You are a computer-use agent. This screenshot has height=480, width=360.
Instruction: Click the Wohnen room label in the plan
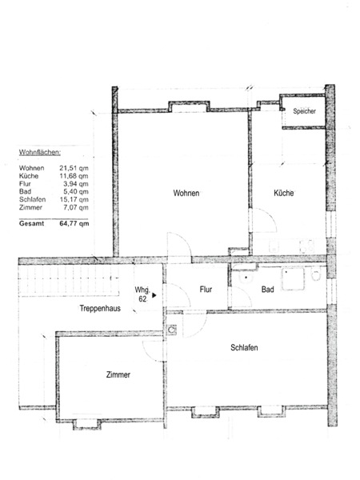pos(186,193)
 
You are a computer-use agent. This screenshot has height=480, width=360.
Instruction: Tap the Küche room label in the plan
pos(283,193)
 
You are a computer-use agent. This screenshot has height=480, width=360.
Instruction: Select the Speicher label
pos(304,111)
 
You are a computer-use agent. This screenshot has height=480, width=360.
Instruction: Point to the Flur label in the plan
pos(206,290)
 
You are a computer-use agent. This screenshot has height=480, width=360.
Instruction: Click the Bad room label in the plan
pos(267,290)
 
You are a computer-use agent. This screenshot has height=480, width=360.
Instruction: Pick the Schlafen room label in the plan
pos(244,347)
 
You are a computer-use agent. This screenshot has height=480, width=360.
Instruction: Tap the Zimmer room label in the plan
pos(118,374)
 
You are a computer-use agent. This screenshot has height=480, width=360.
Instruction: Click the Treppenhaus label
pos(100,308)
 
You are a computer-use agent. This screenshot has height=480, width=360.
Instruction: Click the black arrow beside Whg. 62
pos(154,295)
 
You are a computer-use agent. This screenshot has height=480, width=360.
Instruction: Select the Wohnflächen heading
pos(40,152)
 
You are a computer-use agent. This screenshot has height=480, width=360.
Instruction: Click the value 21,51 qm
pos(74,168)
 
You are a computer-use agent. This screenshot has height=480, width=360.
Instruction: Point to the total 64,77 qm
pos(74,223)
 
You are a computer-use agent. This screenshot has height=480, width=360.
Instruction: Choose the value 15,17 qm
pos(74,199)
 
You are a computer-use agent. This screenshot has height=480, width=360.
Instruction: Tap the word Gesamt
pos(31,223)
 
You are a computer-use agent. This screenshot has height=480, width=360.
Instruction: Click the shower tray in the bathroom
pos(293,279)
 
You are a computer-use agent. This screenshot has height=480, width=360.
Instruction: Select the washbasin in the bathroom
pos(246,278)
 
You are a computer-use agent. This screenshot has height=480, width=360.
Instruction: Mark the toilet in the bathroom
pos(316,274)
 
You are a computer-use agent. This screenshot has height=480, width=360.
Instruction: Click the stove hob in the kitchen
pos(306,246)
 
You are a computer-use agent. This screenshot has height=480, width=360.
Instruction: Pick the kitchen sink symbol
pos(274,246)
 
